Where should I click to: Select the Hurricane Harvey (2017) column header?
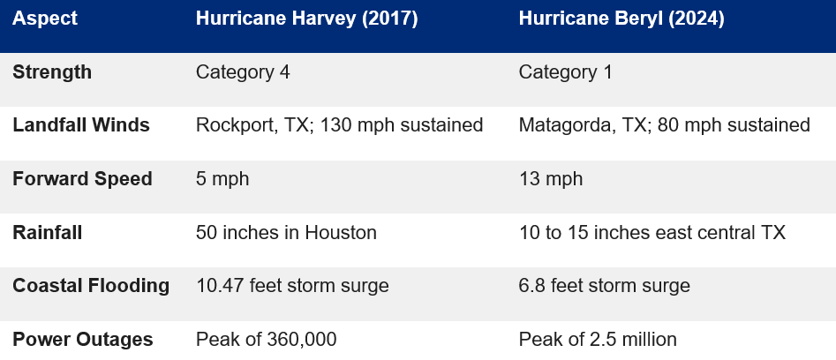pyautogui.click(x=306, y=19)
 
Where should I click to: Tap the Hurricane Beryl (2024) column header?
pyautogui.click(x=621, y=19)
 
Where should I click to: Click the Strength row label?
pyautogui.click(x=52, y=72)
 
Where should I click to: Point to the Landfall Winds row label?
pyautogui.click(x=81, y=125)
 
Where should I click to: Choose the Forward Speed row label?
pyautogui.click(x=82, y=179)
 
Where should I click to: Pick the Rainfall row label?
pyautogui.click(x=49, y=233)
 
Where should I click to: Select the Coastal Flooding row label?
pyautogui.click(x=91, y=286)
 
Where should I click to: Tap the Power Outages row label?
pyautogui.click(x=83, y=340)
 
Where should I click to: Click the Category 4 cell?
pyautogui.click(x=243, y=72)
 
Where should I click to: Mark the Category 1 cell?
pyautogui.click(x=565, y=72)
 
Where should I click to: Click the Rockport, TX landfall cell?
pyautogui.click(x=339, y=125)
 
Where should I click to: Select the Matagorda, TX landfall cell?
pyautogui.click(x=664, y=125)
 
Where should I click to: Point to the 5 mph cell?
pyautogui.click(x=222, y=179)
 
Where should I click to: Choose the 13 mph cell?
pyautogui.click(x=551, y=179)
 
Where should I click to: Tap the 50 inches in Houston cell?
pyautogui.click(x=286, y=233)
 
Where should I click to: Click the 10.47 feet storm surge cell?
pyautogui.click(x=291, y=286)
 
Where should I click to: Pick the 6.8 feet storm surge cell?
pyautogui.click(x=605, y=286)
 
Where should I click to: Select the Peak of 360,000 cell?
pyautogui.click(x=266, y=340)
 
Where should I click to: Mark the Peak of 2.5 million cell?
pyautogui.click(x=598, y=340)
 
